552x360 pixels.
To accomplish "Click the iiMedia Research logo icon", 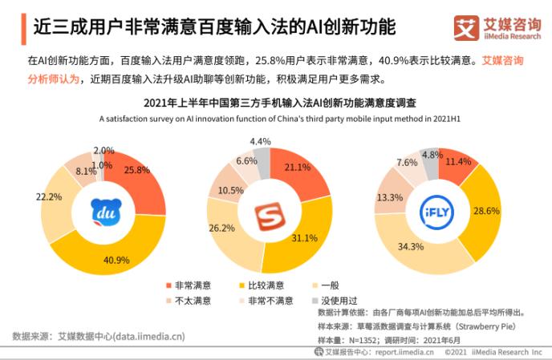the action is [x=466, y=28].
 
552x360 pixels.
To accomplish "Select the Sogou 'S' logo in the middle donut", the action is [x=270, y=216].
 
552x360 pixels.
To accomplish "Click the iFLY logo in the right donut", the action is [x=437, y=212].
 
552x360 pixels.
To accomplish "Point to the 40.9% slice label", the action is [x=116, y=260].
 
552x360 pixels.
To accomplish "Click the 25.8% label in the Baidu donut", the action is [x=137, y=170].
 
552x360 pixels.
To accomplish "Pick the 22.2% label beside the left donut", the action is [x=49, y=196].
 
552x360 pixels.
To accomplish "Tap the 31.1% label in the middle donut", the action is [x=305, y=238].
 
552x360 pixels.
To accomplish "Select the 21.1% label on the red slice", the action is [x=298, y=167].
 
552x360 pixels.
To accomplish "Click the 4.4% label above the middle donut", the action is [x=260, y=141].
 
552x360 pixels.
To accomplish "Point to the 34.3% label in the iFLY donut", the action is [x=411, y=247].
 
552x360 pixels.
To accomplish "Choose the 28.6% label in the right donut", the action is [x=486, y=211].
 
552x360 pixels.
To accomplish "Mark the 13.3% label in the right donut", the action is [x=390, y=197].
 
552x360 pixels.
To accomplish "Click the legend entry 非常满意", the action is [x=189, y=285].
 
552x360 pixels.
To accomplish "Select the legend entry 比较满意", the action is [x=262, y=285].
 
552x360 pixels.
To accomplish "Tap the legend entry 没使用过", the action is [x=335, y=301].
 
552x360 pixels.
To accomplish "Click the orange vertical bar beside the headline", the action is [x=23, y=29].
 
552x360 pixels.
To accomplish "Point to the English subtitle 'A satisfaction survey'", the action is [x=136, y=119].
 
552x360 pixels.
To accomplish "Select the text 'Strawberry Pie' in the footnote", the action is [x=486, y=326].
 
